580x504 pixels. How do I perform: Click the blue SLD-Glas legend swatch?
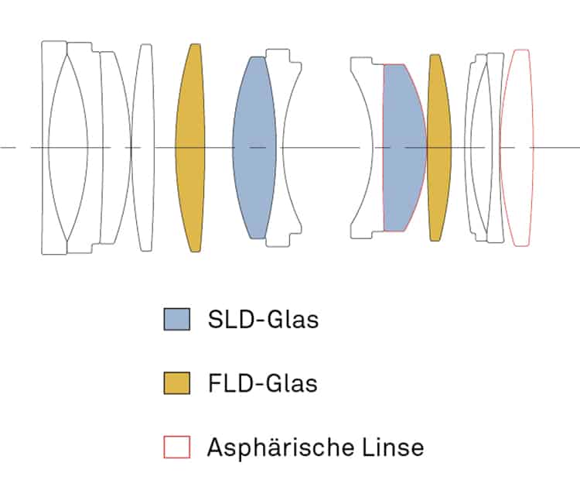click(177, 319)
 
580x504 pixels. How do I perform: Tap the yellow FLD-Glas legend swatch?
click(177, 382)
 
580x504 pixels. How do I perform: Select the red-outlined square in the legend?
click(177, 447)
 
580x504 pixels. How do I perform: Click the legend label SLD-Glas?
click(263, 319)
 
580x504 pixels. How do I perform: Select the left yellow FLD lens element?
click(190, 147)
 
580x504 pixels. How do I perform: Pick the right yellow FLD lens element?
click(438, 147)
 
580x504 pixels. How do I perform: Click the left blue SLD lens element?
click(254, 147)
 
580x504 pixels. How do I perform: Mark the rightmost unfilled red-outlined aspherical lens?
click(517, 147)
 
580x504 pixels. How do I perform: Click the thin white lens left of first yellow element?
click(143, 147)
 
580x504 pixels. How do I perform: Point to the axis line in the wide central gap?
click(321, 147)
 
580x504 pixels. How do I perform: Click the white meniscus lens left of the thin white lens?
click(114, 147)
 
